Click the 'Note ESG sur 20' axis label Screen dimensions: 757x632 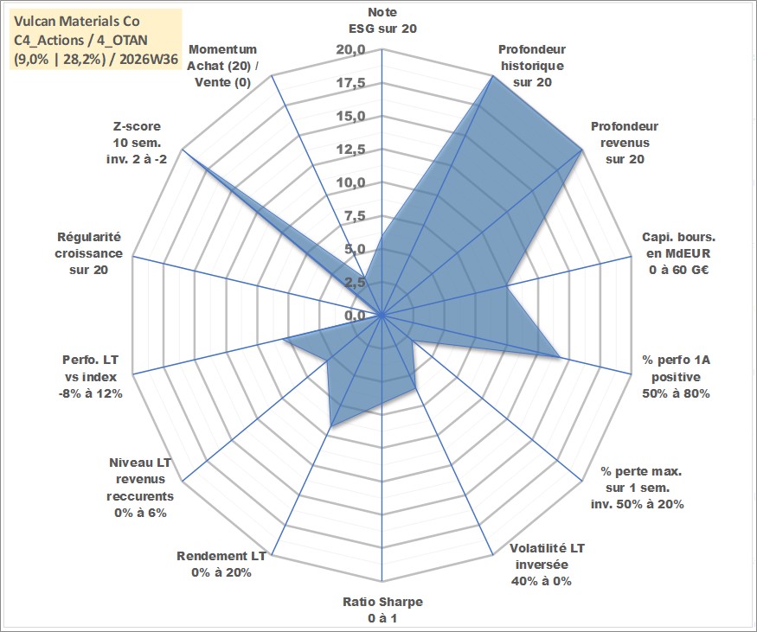pyautogui.click(x=382, y=20)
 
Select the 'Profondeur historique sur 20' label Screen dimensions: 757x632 pyautogui.click(x=532, y=66)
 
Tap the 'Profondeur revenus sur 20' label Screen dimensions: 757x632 pyautogui.click(x=625, y=143)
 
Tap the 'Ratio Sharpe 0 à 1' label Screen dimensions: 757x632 pyautogui.click(x=382, y=610)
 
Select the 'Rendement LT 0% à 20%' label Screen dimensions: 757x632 pyautogui.click(x=221, y=564)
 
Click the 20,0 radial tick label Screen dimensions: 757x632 pyautogui.click(x=350, y=50)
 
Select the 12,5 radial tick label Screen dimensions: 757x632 pyautogui.click(x=350, y=150)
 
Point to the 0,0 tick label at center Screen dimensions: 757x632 pyautogui.click(x=355, y=316)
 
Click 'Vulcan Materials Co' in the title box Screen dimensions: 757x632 pyautogui.click(x=77, y=22)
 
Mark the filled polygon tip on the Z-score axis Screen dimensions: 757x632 pyautogui.click(x=182, y=150)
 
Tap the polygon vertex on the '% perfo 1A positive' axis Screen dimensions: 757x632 pyautogui.click(x=559, y=357)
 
